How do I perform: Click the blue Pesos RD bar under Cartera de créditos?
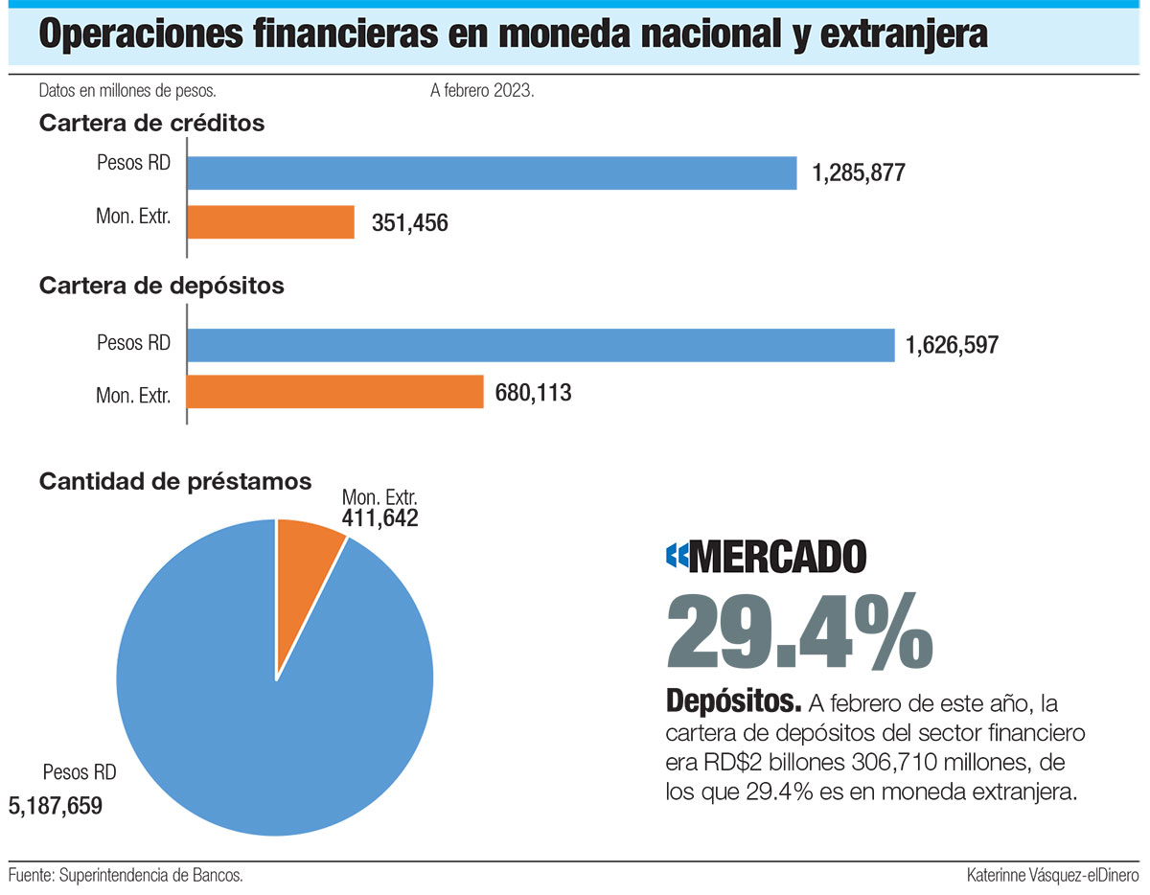[x=492, y=173]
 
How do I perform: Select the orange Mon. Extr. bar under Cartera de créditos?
[x=270, y=222]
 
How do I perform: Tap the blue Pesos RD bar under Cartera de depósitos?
[x=540, y=345]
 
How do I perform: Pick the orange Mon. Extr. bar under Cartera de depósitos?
[x=334, y=392]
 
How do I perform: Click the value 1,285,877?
[x=859, y=173]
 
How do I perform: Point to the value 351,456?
[x=409, y=223]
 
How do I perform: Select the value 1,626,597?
[x=952, y=345]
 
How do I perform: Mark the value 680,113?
[x=534, y=392]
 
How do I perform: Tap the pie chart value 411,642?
[x=379, y=518]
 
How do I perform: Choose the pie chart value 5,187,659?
[x=55, y=805]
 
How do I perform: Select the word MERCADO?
[x=777, y=557]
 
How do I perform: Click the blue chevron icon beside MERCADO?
[x=677, y=557]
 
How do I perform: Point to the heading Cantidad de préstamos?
[x=175, y=481]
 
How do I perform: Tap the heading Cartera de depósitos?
[x=161, y=286]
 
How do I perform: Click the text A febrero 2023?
[x=481, y=92]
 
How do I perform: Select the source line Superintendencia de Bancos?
[x=125, y=875]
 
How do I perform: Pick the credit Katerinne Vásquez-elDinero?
[x=1052, y=875]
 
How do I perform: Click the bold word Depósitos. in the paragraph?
[x=733, y=703]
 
